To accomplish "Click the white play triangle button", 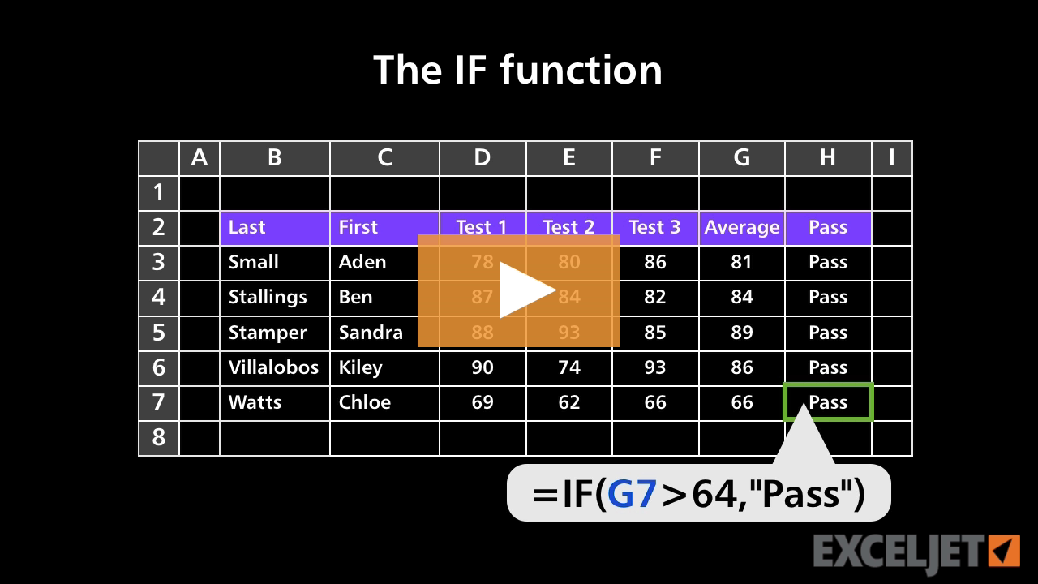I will tap(524, 290).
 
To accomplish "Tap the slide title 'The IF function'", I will tap(517, 70).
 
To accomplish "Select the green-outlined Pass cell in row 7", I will tap(828, 402).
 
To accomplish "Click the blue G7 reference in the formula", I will tap(632, 494).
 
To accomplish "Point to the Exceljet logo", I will tap(916, 552).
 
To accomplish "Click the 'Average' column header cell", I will tap(741, 228).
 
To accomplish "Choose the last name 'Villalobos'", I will tap(273, 367).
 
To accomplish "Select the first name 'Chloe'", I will tap(364, 402).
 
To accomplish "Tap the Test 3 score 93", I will tap(654, 367).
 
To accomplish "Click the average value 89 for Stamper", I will tap(741, 333).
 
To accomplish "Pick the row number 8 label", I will tap(158, 438).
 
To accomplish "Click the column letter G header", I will tap(741, 158).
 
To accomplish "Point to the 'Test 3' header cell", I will tap(654, 228).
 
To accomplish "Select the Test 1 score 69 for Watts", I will tap(482, 402).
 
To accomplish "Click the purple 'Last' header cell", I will tap(274, 228).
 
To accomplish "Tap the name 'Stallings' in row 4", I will tap(268, 297).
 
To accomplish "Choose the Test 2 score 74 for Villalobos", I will tap(568, 367).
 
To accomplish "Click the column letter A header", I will tap(199, 158).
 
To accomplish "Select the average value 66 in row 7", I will tap(741, 402).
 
